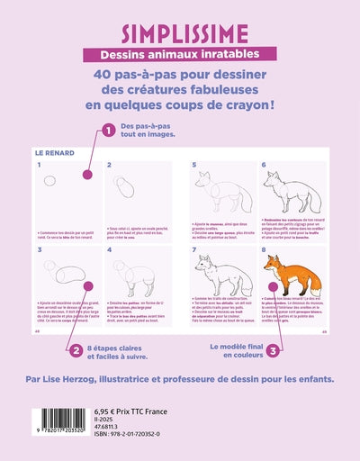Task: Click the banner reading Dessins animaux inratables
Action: click(180, 56)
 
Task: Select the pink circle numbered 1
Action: click(109, 131)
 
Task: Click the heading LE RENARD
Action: click(54, 153)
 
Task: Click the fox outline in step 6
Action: click(288, 194)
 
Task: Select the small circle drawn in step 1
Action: click(49, 181)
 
